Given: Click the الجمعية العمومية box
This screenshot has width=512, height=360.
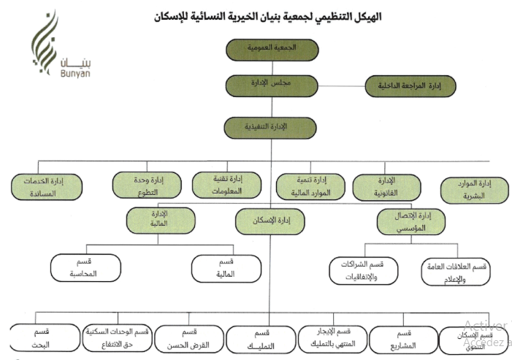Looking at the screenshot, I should tap(272, 49).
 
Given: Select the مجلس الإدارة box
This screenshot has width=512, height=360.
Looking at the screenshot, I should tap(272, 85).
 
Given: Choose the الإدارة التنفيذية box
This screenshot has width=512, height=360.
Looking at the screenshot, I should tap(272, 127).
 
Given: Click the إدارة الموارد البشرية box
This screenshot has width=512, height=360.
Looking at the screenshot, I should tap(475, 190).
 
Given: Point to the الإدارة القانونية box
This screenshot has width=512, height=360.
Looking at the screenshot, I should tap(388, 187).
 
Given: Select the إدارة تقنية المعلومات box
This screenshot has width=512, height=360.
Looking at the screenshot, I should tap(227, 185).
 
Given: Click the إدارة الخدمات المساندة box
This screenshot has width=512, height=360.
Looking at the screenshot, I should tap(47, 188).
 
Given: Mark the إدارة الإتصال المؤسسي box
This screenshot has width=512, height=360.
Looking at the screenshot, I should tap(410, 221).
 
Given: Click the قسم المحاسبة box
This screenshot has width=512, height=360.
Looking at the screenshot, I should tap(85, 267).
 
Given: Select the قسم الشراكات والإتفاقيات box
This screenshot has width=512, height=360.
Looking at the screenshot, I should tap(363, 270).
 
